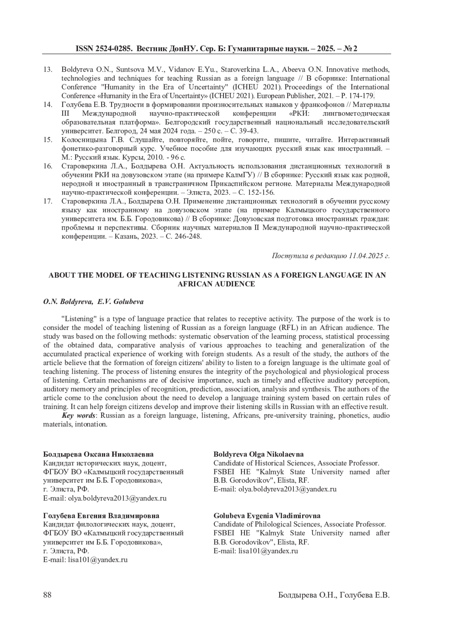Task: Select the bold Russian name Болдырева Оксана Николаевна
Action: click(99, 454)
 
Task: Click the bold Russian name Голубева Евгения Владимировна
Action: click(101, 516)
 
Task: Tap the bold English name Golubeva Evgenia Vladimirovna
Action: click(267, 516)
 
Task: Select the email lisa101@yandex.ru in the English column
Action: click(268, 551)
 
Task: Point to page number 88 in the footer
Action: click(47, 595)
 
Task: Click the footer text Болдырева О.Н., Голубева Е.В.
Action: click(334, 595)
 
